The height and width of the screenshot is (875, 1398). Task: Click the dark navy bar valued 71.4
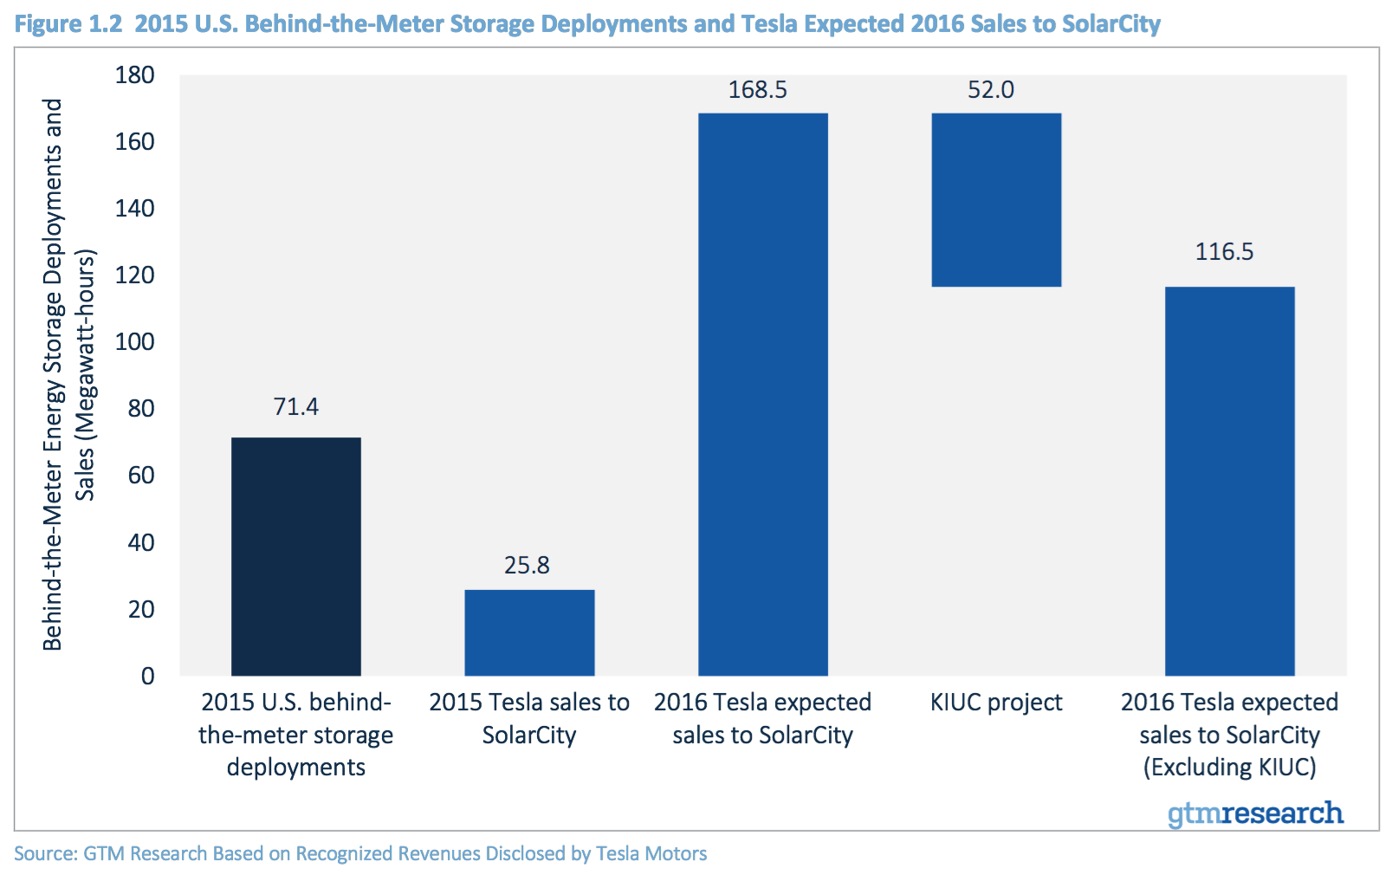295,556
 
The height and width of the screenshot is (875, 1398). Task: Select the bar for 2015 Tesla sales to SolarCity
529,632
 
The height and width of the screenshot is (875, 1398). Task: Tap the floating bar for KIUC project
996,199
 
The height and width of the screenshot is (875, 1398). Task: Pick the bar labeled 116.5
1229,481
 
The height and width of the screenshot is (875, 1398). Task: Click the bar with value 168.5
762,394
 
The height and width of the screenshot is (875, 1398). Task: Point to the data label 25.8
527,566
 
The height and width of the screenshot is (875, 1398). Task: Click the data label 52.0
990,90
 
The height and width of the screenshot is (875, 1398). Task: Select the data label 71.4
295,407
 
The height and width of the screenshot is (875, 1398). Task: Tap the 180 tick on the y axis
135,75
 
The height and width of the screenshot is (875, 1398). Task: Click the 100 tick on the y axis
135,342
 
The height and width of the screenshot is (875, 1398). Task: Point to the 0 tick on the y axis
148,676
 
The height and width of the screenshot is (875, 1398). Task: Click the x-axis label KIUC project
996,703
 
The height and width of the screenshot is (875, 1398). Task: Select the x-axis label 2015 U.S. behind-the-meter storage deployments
295,735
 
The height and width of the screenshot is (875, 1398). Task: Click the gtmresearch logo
1255,813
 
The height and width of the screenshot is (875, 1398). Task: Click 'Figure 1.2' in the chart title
68,23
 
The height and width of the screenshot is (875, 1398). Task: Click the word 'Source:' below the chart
45,854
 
